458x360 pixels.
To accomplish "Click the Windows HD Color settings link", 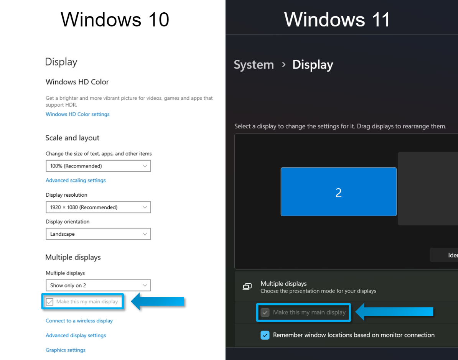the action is coord(77,114).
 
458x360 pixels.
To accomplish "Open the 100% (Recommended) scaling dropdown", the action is coord(98,166).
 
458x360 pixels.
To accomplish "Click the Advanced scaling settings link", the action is coord(76,181).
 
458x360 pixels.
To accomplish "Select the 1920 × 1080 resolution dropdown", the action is coord(98,207).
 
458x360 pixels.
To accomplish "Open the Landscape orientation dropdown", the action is coord(98,234).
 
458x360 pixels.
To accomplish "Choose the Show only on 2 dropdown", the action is coord(98,285).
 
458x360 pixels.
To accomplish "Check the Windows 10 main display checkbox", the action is coord(49,302).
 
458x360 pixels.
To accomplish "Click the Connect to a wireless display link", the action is coord(79,321).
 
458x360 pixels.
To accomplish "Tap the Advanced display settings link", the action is coord(76,335).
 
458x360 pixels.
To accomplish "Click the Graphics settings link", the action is coord(66,350).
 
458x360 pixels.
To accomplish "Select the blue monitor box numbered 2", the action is coord(339,192).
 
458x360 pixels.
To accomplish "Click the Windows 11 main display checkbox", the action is coord(265,312).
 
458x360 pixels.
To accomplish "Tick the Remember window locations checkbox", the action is coord(265,335).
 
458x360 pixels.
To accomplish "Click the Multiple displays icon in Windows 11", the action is coord(247,287).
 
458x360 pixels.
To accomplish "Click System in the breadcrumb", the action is coord(254,65).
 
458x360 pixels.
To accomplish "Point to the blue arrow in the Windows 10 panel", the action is coord(158,301).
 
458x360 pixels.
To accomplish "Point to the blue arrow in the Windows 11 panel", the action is coord(394,312).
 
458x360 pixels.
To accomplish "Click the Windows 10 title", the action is coord(115,20).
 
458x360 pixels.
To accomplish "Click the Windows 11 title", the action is coord(337,20).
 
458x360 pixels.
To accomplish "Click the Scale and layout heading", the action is coord(72,138).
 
